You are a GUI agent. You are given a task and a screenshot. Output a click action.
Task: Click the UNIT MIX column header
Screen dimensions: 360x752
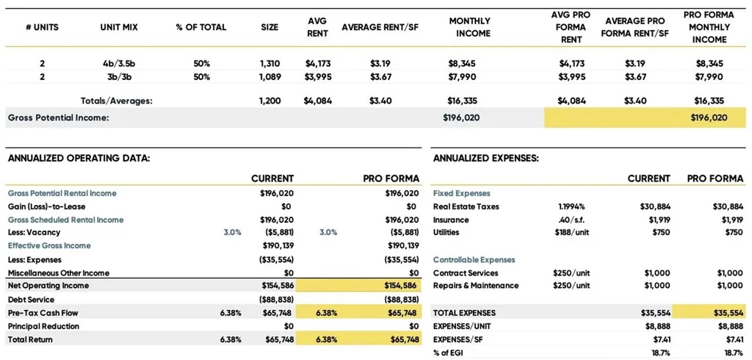point(119,27)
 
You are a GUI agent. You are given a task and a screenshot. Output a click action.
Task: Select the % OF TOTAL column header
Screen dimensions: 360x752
point(201,27)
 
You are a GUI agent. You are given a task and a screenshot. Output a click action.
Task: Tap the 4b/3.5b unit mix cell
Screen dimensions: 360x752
point(119,64)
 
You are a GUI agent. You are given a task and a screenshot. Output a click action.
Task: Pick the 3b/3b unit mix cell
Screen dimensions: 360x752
point(119,77)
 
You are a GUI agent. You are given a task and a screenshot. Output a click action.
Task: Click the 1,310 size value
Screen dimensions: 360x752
point(270,64)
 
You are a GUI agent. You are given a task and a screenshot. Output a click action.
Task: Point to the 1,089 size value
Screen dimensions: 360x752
point(270,77)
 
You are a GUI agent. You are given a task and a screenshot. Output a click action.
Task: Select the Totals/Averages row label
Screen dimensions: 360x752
point(116,101)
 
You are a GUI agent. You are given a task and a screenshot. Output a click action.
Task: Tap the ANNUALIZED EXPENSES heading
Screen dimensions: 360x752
point(485,158)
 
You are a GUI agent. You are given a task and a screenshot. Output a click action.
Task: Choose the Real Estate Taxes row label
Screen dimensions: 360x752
point(466,206)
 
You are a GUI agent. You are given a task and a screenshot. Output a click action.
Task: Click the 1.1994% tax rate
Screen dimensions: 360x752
point(571,206)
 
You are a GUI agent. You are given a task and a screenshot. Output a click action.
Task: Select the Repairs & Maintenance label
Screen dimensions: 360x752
point(476,286)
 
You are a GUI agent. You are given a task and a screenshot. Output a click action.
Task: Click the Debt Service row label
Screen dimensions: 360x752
point(32,300)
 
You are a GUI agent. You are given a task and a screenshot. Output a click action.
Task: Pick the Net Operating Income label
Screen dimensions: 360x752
point(48,286)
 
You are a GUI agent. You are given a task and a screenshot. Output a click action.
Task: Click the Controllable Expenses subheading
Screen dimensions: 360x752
point(474,260)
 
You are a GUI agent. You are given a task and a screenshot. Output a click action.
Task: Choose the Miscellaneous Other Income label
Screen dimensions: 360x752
point(58,273)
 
